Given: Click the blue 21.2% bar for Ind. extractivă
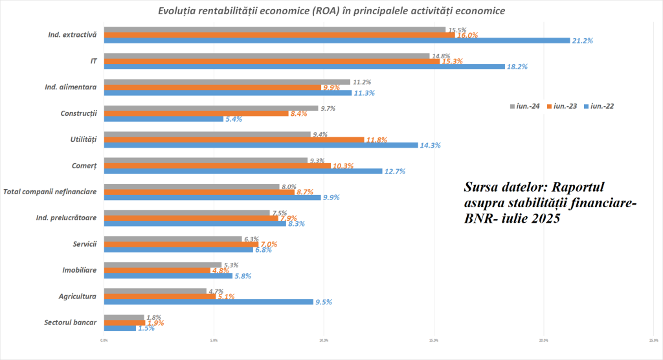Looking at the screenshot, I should [x=337, y=41].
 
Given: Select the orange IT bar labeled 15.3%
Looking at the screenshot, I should [x=272, y=61].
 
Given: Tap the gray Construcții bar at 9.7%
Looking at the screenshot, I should [x=211, y=108].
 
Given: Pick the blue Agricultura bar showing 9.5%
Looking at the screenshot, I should [x=208, y=302].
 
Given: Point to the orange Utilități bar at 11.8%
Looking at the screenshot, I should [x=234, y=139].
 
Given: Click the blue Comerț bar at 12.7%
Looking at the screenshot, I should [x=243, y=171].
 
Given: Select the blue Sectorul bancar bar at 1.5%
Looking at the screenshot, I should [x=120, y=328].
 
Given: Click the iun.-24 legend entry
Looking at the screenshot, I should [x=526, y=106].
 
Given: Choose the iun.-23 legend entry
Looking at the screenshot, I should [x=563, y=106].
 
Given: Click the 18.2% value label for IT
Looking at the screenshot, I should [x=517, y=67].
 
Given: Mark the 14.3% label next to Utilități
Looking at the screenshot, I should [x=431, y=146].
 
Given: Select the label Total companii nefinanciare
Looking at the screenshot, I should [x=50, y=192].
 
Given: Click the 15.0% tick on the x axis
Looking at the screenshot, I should [x=434, y=339].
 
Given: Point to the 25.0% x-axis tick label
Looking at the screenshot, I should [x=653, y=339].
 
